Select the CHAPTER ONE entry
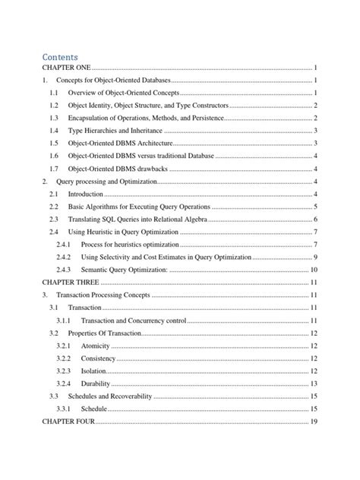(66, 68)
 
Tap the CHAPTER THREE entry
(70, 283)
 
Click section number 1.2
(53, 105)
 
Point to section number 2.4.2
(63, 257)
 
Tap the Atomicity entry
(96, 346)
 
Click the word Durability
(96, 384)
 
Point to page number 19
(313, 422)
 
